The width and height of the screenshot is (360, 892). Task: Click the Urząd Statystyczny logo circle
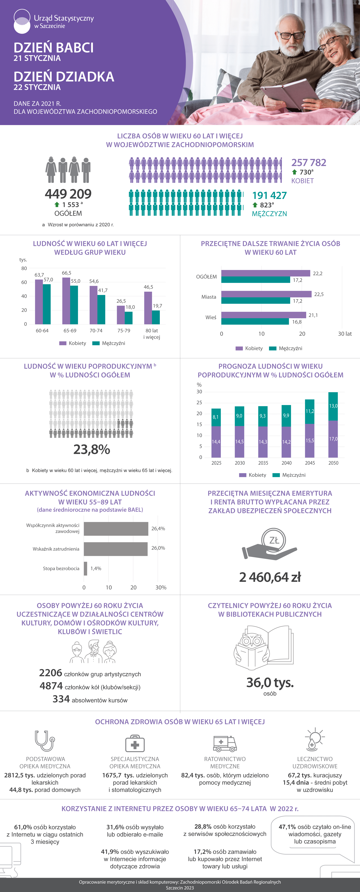pos(22,21)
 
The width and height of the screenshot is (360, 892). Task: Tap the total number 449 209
pos(68,194)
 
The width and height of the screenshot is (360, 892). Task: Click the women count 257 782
pos(309,162)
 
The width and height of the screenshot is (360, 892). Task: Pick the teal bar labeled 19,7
pos(156,317)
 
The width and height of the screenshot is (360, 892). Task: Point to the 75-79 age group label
pos(124,331)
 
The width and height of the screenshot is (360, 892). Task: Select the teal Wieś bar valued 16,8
pos(255,322)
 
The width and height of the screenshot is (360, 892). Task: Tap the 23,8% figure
pos(92,449)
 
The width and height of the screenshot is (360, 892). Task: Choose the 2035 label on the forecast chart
pos(263,463)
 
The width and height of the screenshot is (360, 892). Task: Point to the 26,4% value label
pos(158,528)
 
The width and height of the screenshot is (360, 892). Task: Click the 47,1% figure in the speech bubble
pos(287,827)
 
